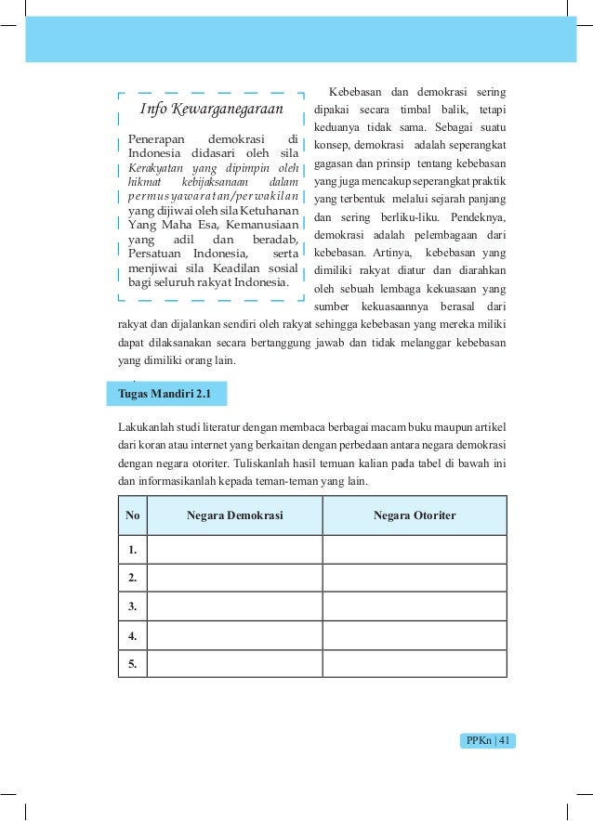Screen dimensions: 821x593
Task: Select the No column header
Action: (133, 515)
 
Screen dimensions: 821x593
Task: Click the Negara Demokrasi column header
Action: (234, 515)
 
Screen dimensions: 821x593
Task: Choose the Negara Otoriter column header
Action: (415, 515)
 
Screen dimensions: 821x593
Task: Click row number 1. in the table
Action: (133, 550)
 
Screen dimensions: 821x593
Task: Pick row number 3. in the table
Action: (133, 607)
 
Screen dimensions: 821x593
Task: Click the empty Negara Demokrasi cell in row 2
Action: (234, 579)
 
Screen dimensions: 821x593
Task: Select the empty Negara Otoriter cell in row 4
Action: (415, 636)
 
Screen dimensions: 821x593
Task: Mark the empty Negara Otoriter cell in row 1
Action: (415, 550)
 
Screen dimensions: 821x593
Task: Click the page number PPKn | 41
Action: (488, 740)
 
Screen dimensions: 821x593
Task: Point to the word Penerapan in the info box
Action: (157, 140)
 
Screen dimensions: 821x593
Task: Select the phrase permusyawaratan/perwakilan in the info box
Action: (213, 197)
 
